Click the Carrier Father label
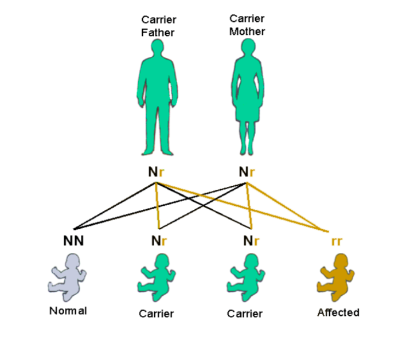158,26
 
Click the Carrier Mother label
247,25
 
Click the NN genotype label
73,241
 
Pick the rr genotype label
336,241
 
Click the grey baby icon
67,278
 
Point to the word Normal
68,311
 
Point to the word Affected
338,312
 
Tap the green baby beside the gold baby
245,279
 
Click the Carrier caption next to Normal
156,314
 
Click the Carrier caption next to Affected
244,314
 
